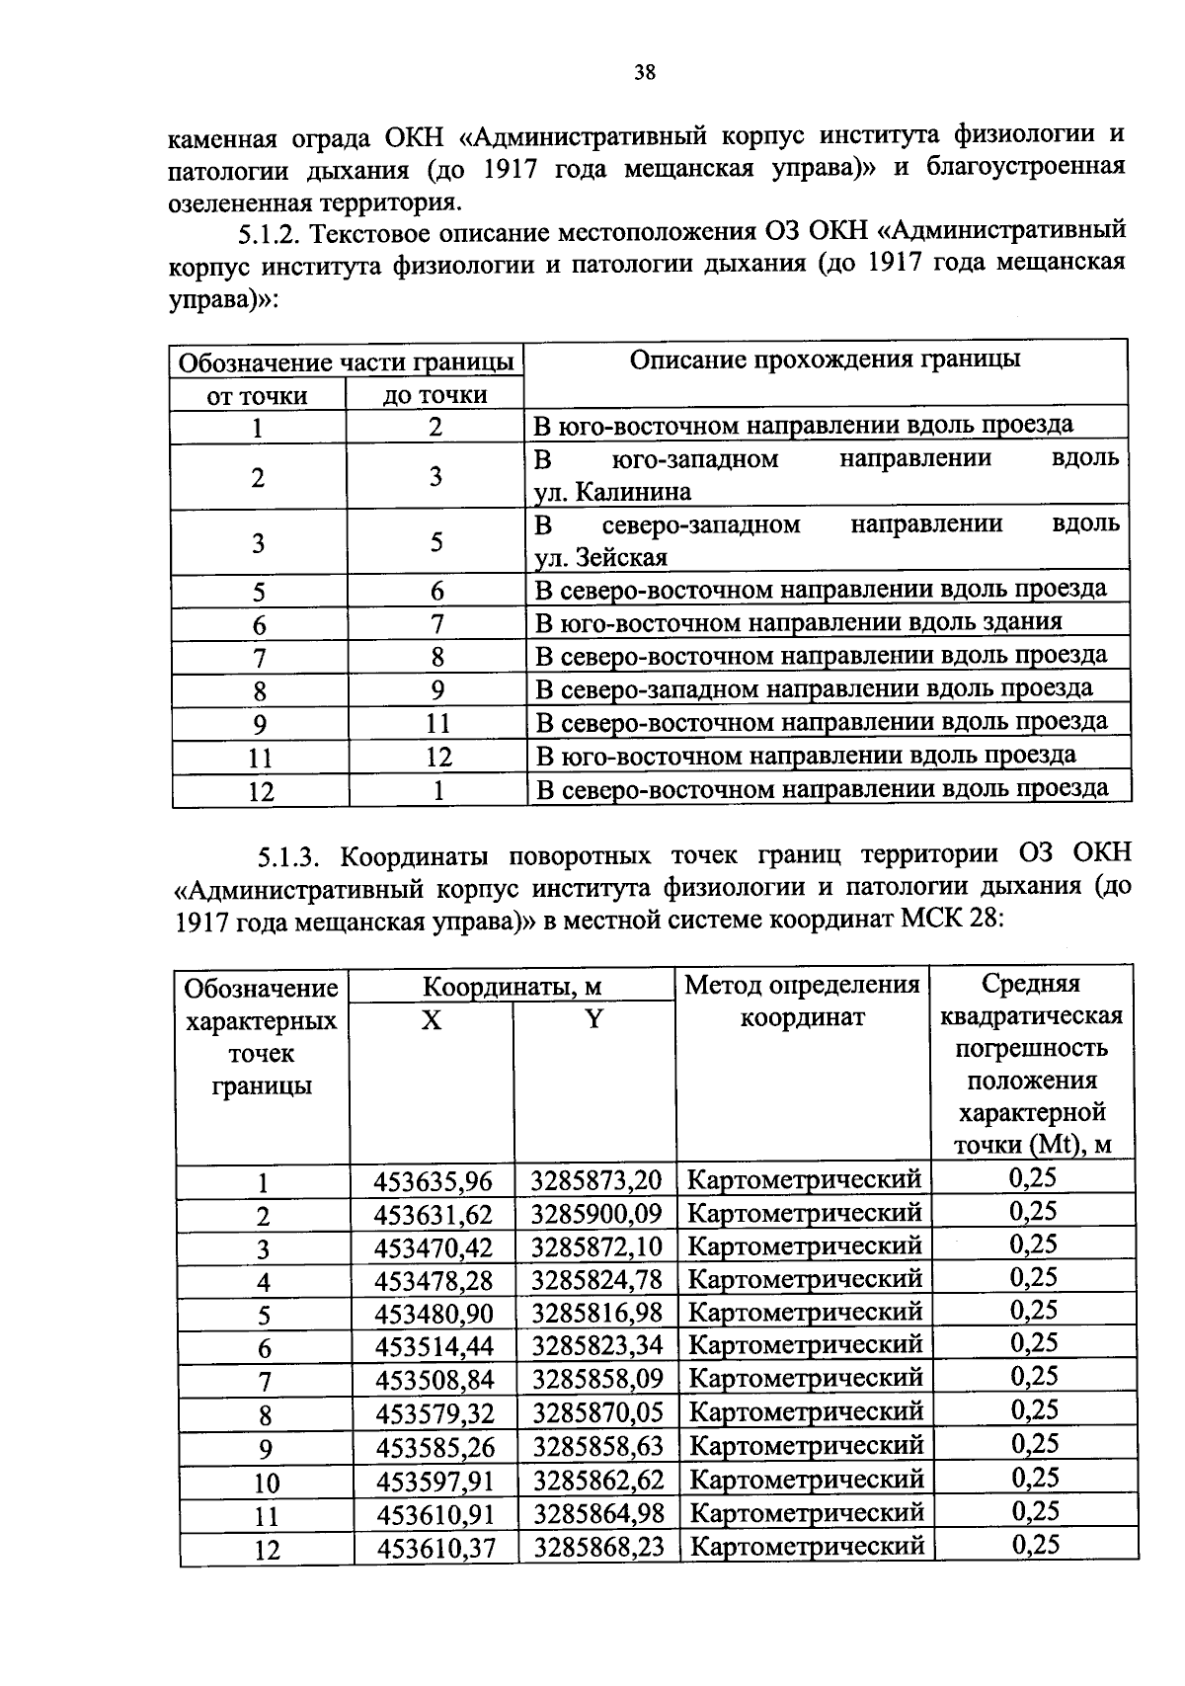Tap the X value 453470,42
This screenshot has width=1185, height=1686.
pyautogui.click(x=433, y=1248)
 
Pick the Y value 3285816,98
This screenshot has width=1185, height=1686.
pyautogui.click(x=596, y=1314)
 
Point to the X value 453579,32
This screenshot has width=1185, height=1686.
pyautogui.click(x=434, y=1414)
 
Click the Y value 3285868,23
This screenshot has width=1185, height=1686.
pyautogui.click(x=598, y=1547)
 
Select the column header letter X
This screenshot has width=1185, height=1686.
pyautogui.click(x=431, y=1020)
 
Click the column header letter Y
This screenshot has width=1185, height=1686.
pyautogui.click(x=593, y=1019)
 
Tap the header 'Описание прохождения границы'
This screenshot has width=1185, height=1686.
pyautogui.click(x=825, y=360)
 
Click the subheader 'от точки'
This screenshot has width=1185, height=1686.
pyautogui.click(x=257, y=396)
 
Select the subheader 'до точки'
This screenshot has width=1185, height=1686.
pyautogui.click(x=434, y=395)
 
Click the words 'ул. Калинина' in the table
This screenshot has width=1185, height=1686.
pyautogui.click(x=612, y=492)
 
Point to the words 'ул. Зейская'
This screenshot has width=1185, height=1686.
pyautogui.click(x=600, y=558)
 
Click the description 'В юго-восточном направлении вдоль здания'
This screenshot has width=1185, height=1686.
pyautogui.click(x=798, y=622)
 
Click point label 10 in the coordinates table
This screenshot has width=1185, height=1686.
pyautogui.click(x=266, y=1483)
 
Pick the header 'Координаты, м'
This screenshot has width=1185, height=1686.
pyautogui.click(x=512, y=987)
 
